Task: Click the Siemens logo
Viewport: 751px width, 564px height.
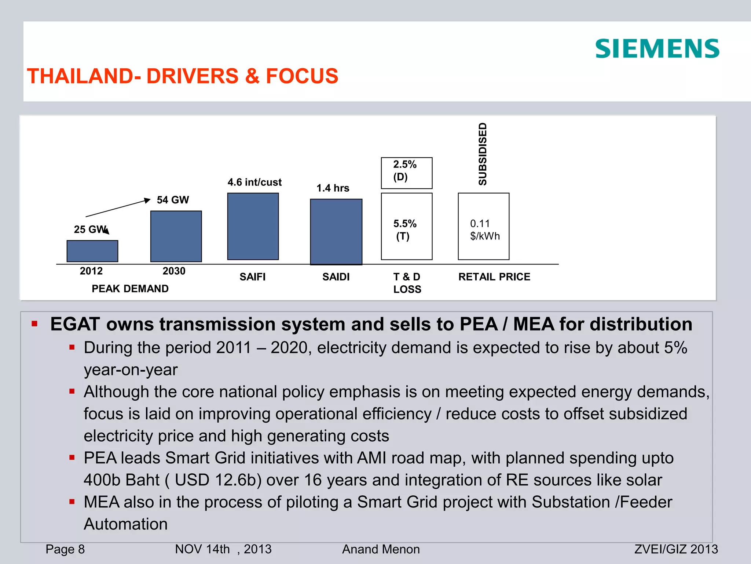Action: click(x=657, y=49)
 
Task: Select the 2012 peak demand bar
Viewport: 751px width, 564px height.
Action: click(x=92, y=251)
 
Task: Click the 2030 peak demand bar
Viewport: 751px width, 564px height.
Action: click(x=176, y=236)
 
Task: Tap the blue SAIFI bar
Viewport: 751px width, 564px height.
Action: click(x=253, y=226)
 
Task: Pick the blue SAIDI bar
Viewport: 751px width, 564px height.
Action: click(x=336, y=232)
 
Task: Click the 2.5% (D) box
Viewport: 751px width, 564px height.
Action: click(x=407, y=173)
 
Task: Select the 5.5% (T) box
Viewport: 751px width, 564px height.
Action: click(x=407, y=226)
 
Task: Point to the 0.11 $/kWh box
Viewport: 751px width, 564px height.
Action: click(x=483, y=226)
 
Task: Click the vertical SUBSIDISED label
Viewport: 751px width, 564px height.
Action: click(x=483, y=154)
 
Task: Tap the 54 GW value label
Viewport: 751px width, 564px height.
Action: click(x=173, y=200)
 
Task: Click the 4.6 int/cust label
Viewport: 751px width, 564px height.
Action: click(x=254, y=182)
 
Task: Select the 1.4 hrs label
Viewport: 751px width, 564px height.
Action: click(x=333, y=188)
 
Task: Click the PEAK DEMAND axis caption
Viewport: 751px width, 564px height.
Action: click(x=130, y=289)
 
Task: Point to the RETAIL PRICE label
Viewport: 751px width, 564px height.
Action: click(x=494, y=276)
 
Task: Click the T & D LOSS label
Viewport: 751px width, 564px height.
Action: click(x=407, y=283)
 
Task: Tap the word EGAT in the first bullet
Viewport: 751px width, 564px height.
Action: click(x=75, y=324)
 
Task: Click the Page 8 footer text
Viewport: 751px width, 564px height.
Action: click(x=65, y=549)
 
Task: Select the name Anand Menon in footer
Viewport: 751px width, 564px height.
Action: click(x=381, y=549)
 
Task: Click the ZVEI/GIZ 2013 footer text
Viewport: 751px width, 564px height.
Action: click(x=676, y=549)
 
